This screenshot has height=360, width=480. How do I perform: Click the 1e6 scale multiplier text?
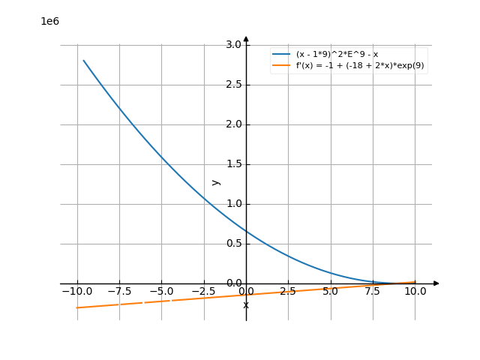[49, 21]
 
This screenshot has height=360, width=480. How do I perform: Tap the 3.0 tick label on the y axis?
[233, 45]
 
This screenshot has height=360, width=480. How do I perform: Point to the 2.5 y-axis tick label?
[233, 85]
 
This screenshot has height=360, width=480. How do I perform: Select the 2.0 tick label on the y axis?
[233, 124]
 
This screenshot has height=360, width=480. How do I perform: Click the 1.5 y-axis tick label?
[233, 164]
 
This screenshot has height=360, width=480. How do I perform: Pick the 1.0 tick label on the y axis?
[233, 204]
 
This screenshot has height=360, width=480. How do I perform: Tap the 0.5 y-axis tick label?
[233, 244]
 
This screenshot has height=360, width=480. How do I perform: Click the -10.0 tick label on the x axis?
[76, 291]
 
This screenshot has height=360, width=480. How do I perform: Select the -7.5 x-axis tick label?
[118, 291]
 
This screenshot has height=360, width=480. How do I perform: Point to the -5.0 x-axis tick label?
[161, 291]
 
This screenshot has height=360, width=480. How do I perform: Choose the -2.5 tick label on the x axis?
[203, 291]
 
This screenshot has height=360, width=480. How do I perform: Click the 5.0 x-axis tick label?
[330, 291]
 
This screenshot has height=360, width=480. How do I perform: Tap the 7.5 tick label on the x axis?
[373, 291]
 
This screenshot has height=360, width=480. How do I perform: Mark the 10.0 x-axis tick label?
[415, 291]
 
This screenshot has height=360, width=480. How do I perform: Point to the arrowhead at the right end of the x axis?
[436, 283]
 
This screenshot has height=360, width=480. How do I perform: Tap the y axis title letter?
[216, 182]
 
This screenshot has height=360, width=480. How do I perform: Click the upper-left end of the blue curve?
[83, 60]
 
